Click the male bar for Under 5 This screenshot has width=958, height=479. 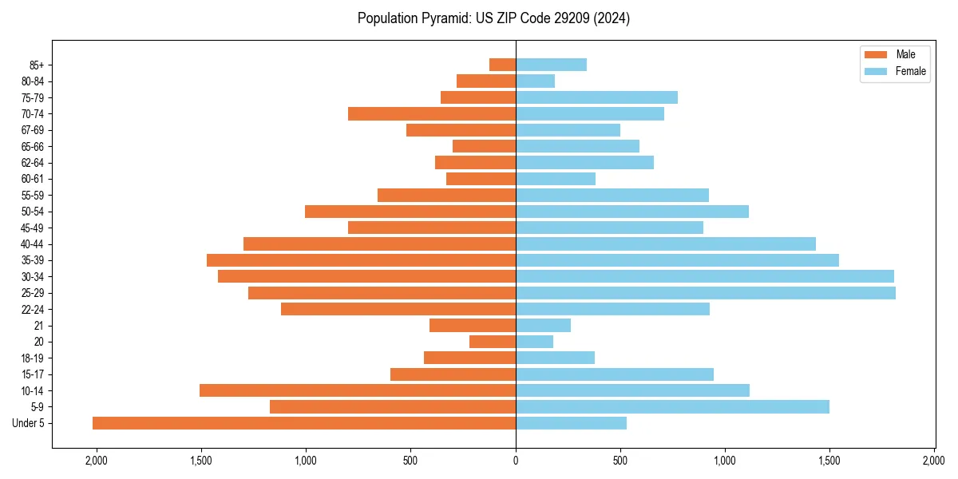(304, 423)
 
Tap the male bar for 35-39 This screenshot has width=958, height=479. (361, 260)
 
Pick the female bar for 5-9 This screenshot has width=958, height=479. (672, 406)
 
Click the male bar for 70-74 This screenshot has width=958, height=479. (432, 114)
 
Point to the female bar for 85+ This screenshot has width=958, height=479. (551, 65)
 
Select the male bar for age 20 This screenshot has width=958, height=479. (493, 342)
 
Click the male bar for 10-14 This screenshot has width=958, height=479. (358, 390)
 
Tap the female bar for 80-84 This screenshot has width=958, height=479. (535, 81)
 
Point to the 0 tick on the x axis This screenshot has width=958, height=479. (516, 461)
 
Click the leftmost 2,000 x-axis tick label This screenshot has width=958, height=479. (97, 461)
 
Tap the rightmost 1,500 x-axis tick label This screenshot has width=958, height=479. (829, 461)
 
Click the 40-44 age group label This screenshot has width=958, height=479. (33, 244)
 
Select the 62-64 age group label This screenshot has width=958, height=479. (33, 163)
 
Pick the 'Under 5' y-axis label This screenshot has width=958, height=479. (29, 423)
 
